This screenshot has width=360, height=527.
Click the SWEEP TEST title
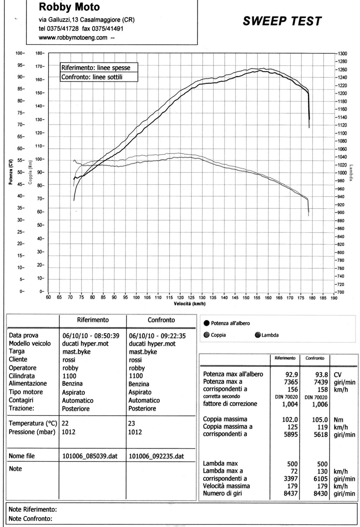(x=282, y=21)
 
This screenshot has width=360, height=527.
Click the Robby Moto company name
(x=69, y=7)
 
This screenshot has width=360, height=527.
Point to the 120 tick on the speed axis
(x=180, y=298)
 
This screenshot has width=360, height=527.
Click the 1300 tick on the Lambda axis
(x=343, y=53)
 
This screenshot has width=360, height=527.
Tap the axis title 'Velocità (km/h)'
(x=190, y=304)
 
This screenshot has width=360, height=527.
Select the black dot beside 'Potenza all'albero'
(x=206, y=323)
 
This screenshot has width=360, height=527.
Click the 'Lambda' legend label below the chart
(x=270, y=335)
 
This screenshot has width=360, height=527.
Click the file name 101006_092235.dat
(x=157, y=456)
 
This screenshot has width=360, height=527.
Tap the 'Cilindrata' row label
(x=22, y=376)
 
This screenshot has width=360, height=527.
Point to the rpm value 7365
(x=291, y=382)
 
